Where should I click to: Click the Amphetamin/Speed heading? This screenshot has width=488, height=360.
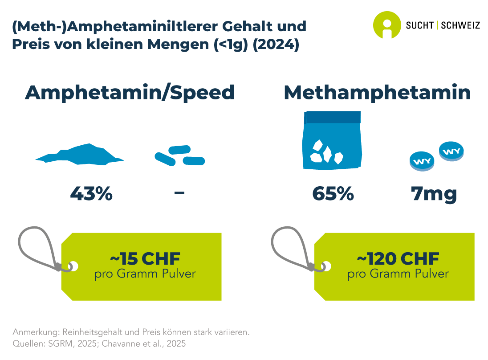point(130,92)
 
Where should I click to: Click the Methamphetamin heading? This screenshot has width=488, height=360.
point(377,92)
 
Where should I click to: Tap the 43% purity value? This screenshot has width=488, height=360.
point(91,194)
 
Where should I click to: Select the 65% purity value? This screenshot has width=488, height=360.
point(333,194)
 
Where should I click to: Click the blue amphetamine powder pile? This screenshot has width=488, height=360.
point(80,155)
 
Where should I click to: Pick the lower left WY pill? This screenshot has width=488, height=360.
point(422,161)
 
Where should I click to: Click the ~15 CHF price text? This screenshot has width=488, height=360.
point(145,258)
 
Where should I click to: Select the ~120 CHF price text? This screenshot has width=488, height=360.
point(398,258)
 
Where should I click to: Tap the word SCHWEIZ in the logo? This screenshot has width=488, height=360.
point(460,25)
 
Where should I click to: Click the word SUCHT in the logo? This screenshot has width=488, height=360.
point(420,25)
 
